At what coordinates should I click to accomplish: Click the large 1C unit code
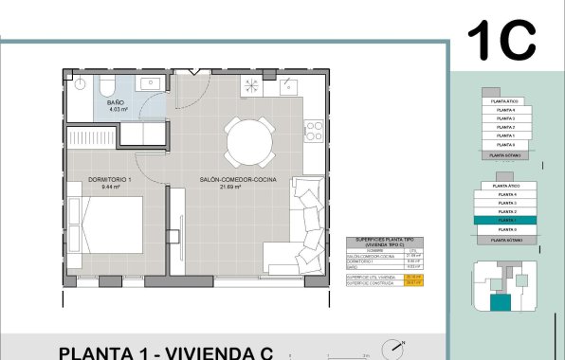(501, 40)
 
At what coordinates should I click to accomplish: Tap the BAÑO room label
(116, 101)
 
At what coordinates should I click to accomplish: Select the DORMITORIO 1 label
(108, 179)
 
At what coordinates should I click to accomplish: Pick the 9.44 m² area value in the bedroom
(108, 188)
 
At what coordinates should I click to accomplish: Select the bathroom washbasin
(152, 84)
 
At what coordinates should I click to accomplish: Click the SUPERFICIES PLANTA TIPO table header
(384, 243)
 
